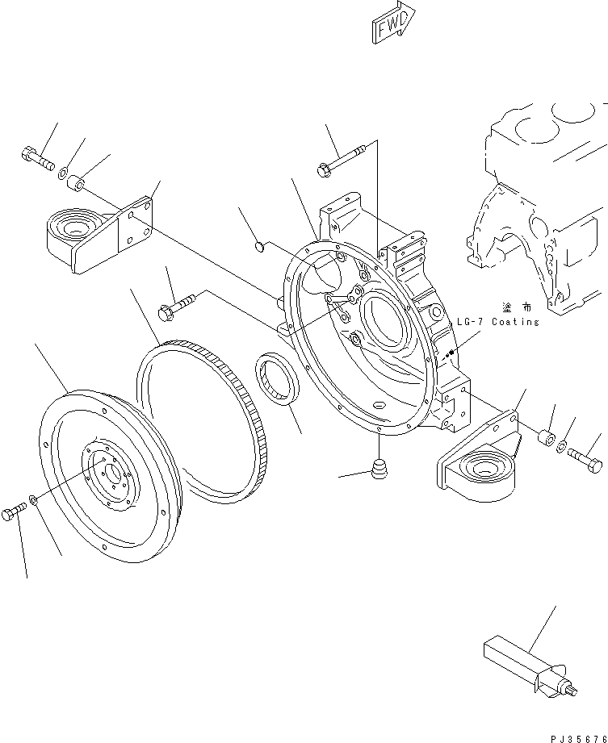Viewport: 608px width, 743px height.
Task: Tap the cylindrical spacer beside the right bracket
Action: pyautogui.click(x=546, y=439)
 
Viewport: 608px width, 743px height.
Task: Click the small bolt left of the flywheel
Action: pyautogui.click(x=15, y=512)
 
